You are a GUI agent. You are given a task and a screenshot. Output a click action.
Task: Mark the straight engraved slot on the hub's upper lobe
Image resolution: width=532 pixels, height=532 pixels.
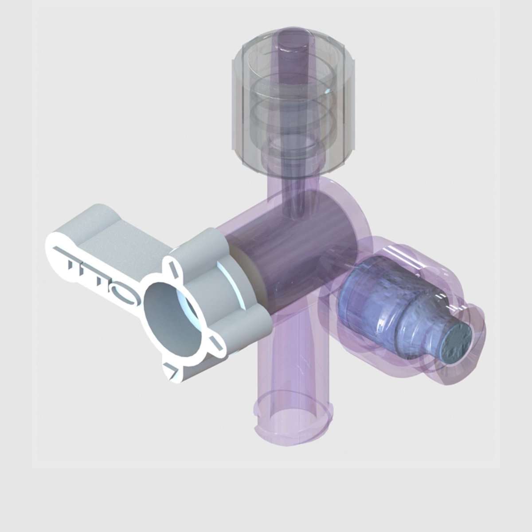click(x=173, y=267)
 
